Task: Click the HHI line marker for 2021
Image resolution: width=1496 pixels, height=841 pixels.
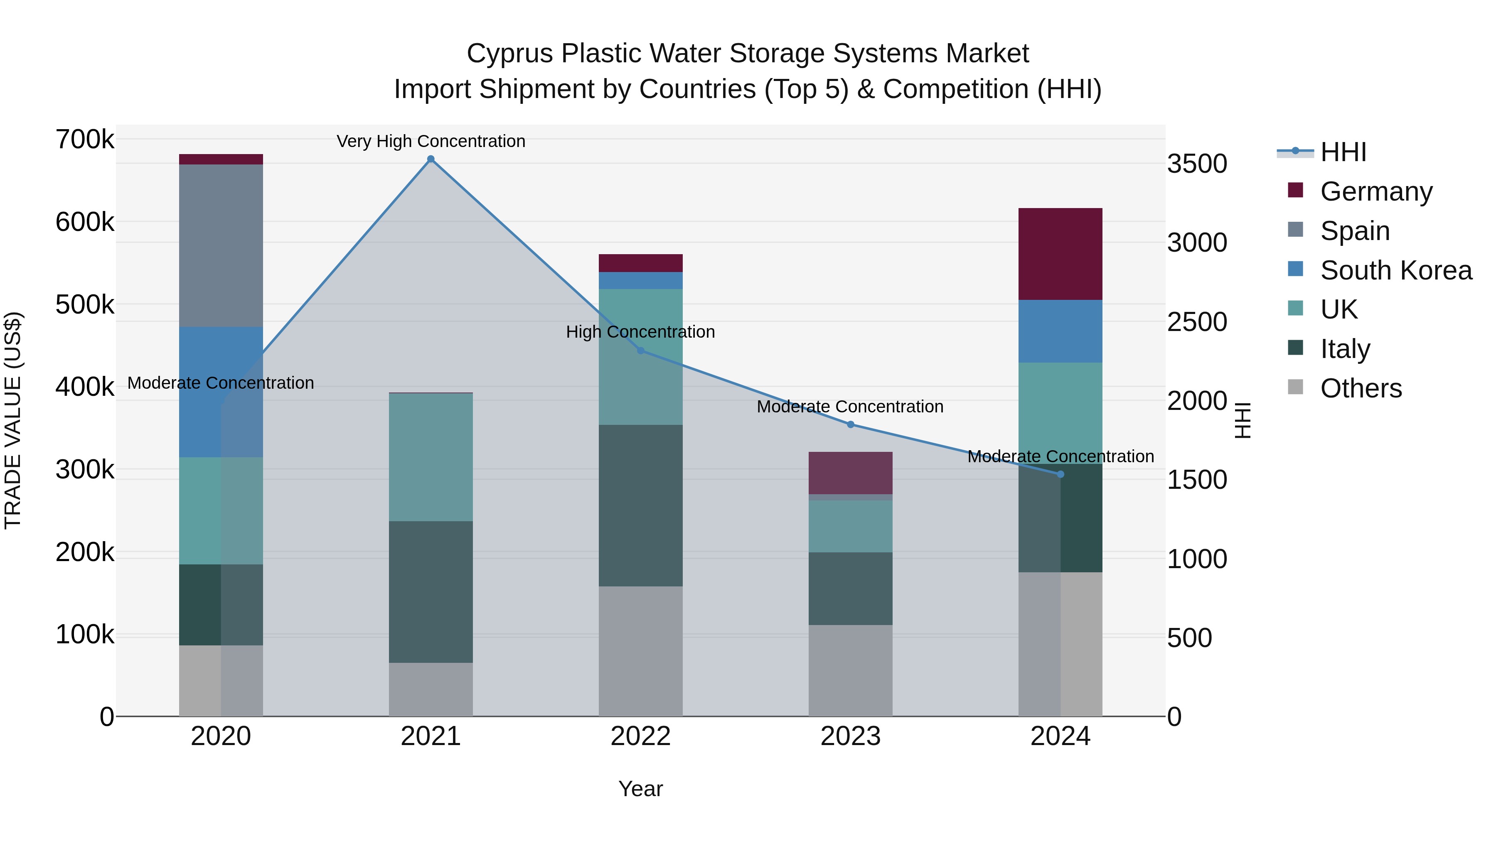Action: pyautogui.click(x=431, y=159)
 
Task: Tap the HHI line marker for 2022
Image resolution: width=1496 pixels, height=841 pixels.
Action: pyautogui.click(x=640, y=351)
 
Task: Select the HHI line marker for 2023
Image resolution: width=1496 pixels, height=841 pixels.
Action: pyautogui.click(x=851, y=424)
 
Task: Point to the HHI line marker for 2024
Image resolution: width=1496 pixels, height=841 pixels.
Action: pyautogui.click(x=1060, y=474)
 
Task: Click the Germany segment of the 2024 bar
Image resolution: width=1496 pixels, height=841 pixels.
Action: pyautogui.click(x=1060, y=254)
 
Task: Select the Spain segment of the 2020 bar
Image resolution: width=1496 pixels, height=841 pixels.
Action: pyautogui.click(x=221, y=245)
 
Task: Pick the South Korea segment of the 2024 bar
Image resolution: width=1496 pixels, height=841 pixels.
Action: pyautogui.click(x=1060, y=331)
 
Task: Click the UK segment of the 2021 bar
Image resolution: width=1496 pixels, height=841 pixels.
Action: pyautogui.click(x=431, y=457)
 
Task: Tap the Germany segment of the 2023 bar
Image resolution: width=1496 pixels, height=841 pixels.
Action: pyautogui.click(x=851, y=473)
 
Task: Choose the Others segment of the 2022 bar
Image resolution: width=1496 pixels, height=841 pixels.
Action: pyautogui.click(x=640, y=651)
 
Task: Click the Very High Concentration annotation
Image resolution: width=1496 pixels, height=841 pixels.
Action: pyautogui.click(x=431, y=141)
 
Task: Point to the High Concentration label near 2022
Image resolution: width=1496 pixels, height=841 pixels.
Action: pyautogui.click(x=640, y=332)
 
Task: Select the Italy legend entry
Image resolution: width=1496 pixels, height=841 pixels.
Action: pyautogui.click(x=1345, y=349)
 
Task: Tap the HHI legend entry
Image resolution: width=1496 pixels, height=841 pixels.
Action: pyautogui.click(x=1343, y=152)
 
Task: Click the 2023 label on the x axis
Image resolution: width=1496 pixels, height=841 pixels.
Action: pyautogui.click(x=851, y=736)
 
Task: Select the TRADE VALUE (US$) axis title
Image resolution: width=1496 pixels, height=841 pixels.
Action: pyautogui.click(x=13, y=420)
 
